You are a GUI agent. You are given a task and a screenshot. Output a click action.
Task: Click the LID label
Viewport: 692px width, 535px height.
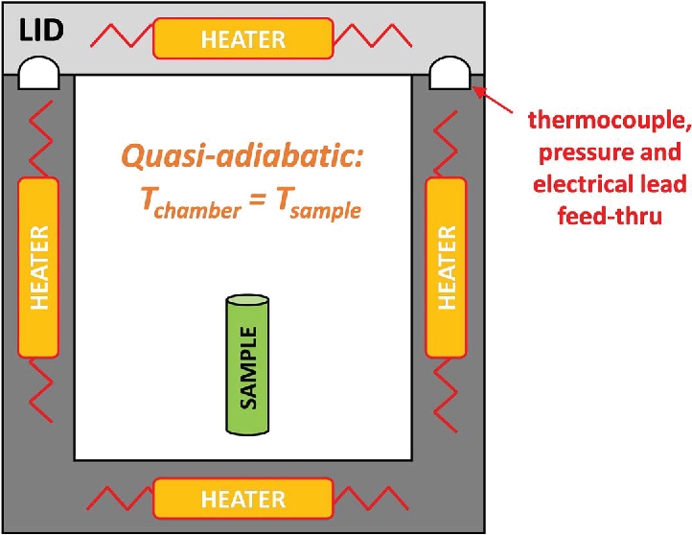[x=37, y=31]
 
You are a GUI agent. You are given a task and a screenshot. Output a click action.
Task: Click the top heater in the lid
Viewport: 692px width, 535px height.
[x=243, y=38]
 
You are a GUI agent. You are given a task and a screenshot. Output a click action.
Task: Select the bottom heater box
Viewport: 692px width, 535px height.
[x=243, y=499]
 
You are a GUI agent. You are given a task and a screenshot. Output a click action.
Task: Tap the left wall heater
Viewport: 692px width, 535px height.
[x=38, y=267]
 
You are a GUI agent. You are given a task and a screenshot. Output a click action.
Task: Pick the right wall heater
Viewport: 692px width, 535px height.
[x=446, y=267]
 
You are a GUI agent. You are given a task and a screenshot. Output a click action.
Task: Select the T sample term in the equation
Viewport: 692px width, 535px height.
[x=321, y=203]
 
